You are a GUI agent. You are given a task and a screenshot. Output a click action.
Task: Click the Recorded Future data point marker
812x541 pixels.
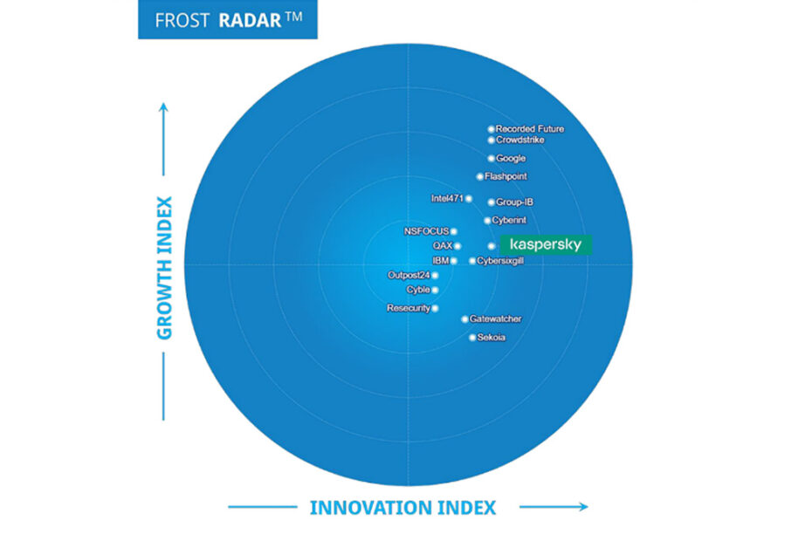pyautogui.click(x=491, y=129)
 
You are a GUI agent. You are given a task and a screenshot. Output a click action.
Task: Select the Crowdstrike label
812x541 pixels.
pyautogui.click(x=520, y=140)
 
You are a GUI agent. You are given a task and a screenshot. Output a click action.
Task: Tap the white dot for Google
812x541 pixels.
pyautogui.click(x=491, y=159)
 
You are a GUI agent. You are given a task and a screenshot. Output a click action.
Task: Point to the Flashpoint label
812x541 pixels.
pyautogui.click(x=506, y=176)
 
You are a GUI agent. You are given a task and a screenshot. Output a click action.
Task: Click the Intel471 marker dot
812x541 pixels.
pyautogui.click(x=469, y=199)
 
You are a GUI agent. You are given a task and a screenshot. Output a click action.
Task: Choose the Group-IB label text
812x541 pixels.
pyautogui.click(x=514, y=202)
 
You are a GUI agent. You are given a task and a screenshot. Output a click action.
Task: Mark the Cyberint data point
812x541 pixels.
pyautogui.click(x=487, y=221)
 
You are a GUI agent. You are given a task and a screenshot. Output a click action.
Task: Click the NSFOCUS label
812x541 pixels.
pyautogui.click(x=426, y=231)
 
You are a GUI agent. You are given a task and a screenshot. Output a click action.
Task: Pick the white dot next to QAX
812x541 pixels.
pyautogui.click(x=458, y=246)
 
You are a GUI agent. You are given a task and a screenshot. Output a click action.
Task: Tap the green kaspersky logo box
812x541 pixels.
pyautogui.click(x=546, y=245)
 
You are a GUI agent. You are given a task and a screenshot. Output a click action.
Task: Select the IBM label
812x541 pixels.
pyautogui.click(x=441, y=260)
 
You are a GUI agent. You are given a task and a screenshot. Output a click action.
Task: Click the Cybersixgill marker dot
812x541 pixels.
pyautogui.click(x=472, y=261)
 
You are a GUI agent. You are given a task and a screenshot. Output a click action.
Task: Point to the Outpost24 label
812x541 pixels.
pyautogui.click(x=409, y=275)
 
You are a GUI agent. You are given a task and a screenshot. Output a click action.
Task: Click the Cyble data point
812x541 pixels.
pyautogui.click(x=435, y=290)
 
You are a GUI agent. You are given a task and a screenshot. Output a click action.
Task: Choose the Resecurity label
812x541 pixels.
pyautogui.click(x=409, y=308)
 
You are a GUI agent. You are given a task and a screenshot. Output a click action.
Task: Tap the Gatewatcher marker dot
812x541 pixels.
pyautogui.click(x=465, y=319)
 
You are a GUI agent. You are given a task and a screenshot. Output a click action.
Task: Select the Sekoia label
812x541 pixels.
pyautogui.click(x=491, y=338)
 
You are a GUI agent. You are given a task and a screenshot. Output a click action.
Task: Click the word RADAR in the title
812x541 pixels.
pyautogui.click(x=250, y=20)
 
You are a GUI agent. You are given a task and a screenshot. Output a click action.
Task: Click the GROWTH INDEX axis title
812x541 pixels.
pyautogui.click(x=164, y=268)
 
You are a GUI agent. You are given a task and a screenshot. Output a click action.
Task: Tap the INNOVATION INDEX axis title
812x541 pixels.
pyautogui.click(x=403, y=508)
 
